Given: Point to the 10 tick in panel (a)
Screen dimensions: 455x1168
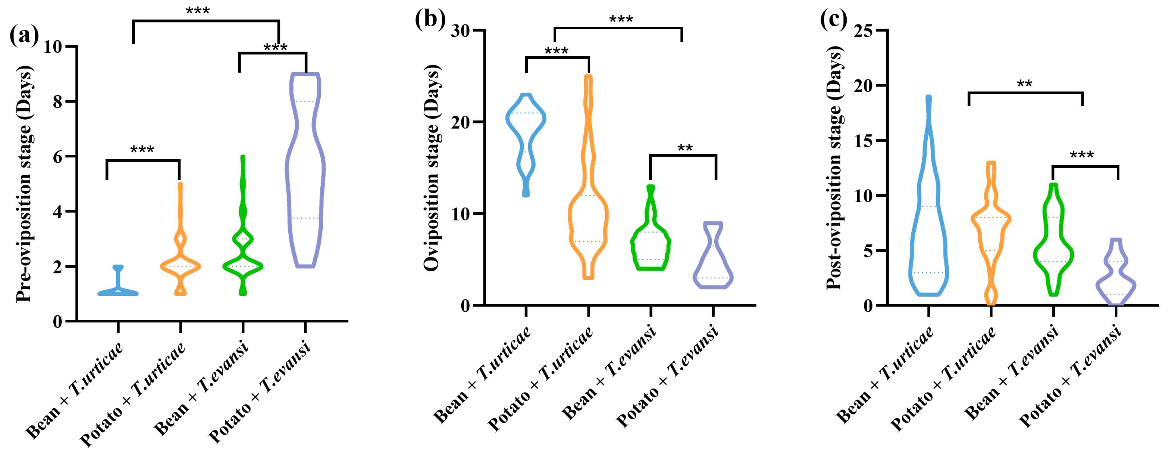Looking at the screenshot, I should tap(53, 47).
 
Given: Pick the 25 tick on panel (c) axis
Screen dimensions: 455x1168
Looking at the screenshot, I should tap(865, 30).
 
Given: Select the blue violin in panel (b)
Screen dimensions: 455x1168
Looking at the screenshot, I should tap(526, 136).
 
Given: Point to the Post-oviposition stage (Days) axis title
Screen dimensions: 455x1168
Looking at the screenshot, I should tap(834, 168).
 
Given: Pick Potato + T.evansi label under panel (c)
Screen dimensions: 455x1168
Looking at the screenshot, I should tap(1070, 377).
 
